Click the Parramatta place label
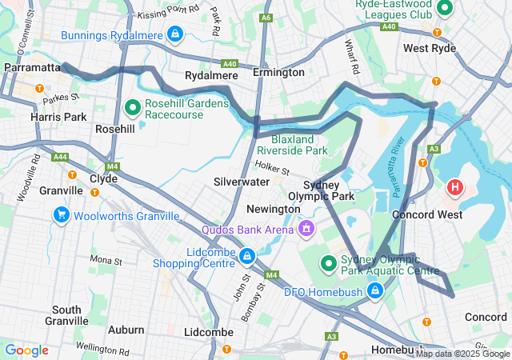[32, 68]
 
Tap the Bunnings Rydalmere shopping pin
[174, 34]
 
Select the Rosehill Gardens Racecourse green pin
[134, 106]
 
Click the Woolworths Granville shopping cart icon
[61, 215]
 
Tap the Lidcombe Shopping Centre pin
[247, 256]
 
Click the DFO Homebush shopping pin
[374, 291]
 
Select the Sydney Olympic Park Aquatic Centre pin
[328, 263]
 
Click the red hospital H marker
[455, 188]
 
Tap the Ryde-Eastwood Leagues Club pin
[446, 8]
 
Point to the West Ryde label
[430, 48]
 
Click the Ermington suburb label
[278, 72]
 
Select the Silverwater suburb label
[242, 182]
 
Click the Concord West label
[425, 215]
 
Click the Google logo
[26, 350]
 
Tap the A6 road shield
[266, 18]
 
